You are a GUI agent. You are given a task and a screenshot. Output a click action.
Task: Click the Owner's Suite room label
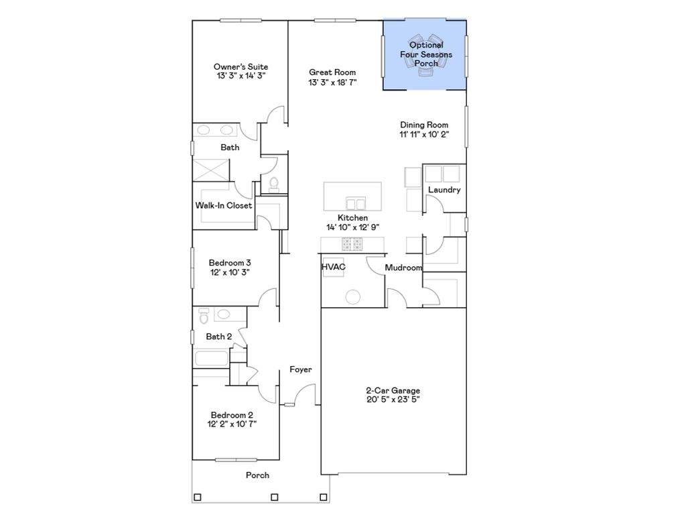(x=241, y=67)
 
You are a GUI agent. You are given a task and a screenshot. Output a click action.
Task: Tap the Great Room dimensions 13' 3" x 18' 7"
(x=332, y=82)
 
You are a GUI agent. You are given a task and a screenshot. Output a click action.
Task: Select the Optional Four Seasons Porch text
(x=426, y=54)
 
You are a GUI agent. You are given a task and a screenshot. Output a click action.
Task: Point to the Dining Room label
(x=424, y=125)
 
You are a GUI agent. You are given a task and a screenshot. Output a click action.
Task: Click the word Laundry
(x=444, y=190)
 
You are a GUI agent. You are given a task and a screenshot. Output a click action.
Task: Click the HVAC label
(x=333, y=267)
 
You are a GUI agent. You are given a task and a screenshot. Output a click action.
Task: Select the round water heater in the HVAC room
(x=352, y=296)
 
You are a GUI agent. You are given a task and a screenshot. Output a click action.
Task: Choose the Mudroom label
(x=403, y=268)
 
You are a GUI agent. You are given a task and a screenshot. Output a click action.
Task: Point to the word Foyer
(x=300, y=369)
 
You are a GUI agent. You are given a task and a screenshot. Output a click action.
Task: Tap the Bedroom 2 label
(x=232, y=415)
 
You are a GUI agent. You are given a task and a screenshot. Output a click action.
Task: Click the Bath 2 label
(x=219, y=337)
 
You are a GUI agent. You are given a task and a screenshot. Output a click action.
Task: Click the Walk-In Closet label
(x=224, y=205)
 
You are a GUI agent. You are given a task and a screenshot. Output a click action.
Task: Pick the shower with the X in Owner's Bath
(x=212, y=170)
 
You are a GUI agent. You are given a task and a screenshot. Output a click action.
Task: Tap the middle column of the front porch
(x=274, y=497)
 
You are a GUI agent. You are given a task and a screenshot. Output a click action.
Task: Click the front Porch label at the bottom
(x=257, y=475)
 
